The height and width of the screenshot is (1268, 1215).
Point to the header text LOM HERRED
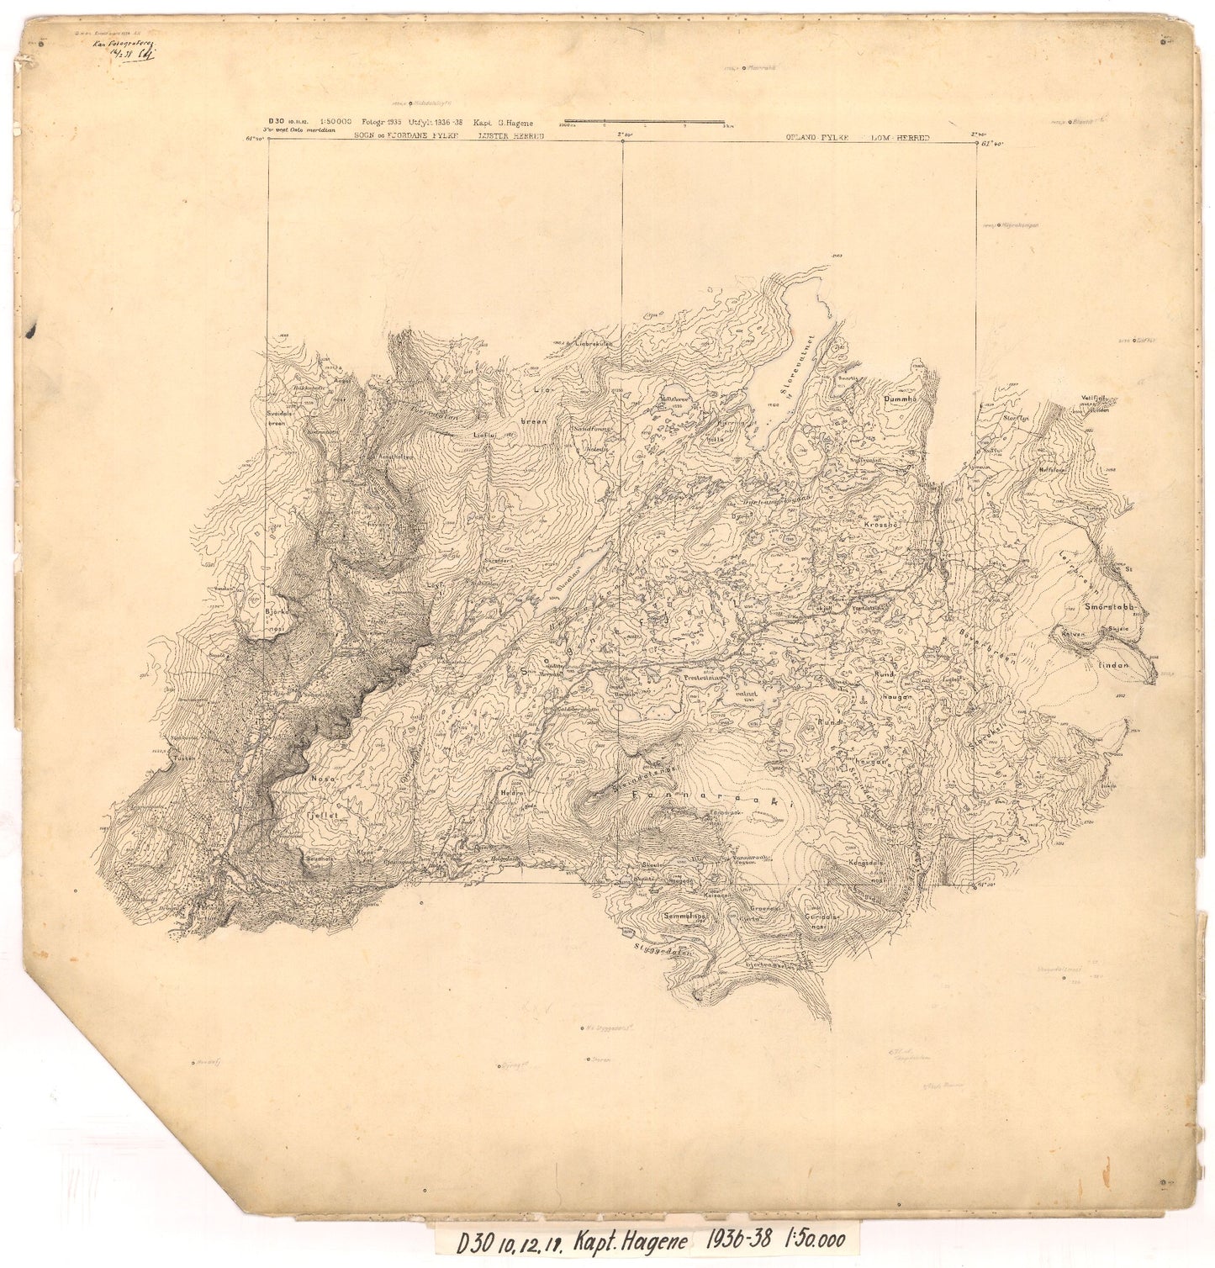901,135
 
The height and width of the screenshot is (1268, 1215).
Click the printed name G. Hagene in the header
504,123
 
